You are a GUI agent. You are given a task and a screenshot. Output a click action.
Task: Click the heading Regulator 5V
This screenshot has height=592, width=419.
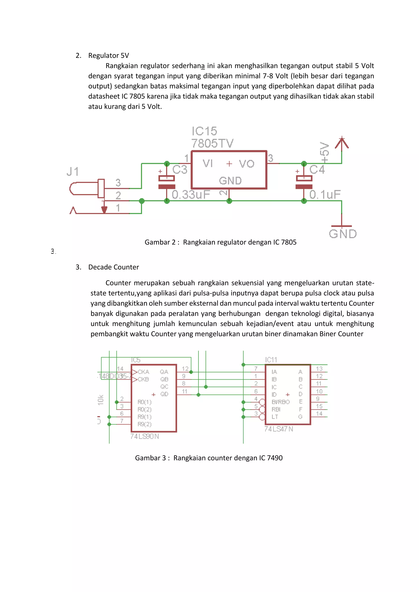point(108,55)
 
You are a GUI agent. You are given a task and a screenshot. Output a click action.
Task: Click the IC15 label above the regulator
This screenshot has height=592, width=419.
point(204,131)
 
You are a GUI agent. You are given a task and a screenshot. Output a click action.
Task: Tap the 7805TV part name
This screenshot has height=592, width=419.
point(212,143)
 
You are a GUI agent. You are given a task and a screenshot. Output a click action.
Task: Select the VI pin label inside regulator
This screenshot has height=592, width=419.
point(208,164)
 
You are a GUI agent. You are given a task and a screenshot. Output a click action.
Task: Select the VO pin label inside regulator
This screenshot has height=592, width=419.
point(247,164)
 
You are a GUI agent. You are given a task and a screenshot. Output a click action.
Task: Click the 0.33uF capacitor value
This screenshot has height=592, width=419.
point(191,195)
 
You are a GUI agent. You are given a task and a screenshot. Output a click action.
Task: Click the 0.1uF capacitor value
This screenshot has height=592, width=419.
point(325,195)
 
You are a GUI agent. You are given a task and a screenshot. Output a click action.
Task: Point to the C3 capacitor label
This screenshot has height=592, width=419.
point(180,170)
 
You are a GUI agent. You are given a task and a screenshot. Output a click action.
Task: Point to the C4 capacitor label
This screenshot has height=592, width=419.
point(317,170)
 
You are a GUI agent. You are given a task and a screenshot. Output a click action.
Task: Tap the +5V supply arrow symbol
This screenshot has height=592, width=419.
point(342,143)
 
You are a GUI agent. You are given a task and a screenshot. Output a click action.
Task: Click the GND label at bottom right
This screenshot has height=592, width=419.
point(343,234)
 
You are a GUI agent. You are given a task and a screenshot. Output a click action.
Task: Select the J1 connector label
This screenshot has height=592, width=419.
point(72,172)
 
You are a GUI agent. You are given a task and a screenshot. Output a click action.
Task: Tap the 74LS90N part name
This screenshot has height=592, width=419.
point(144,436)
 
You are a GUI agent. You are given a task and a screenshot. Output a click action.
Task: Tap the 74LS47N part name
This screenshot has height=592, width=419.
point(279,429)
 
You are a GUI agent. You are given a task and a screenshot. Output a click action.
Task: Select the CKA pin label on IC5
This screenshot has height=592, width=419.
point(143,372)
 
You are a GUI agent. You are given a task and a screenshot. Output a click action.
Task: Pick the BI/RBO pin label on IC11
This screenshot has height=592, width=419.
point(280,402)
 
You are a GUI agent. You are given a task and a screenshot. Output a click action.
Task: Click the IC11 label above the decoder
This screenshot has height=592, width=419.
point(271,360)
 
